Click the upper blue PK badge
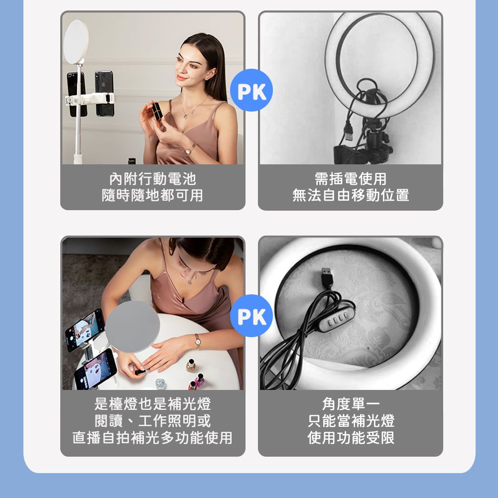pos(251,90)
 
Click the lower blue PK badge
pos(251,316)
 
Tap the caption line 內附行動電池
pos(152,179)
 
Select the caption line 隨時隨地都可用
pos(152,195)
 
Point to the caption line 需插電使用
pos(351,179)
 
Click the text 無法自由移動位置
pos(351,195)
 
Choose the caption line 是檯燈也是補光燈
pos(152,404)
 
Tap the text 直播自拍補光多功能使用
pos(152,438)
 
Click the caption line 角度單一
pos(351,404)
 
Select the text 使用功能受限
pos(351,438)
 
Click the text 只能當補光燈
pos(351,421)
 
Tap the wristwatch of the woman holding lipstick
pos(190,149)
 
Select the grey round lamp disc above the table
pos(132,327)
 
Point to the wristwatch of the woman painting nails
pos(198,342)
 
